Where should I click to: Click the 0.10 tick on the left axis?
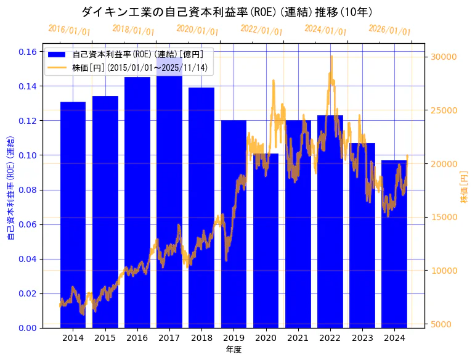coord(28,155)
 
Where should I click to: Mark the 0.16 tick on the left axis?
coord(28,52)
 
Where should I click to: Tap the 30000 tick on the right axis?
coord(443,57)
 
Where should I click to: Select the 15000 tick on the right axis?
coord(443,217)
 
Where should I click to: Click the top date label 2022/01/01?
coord(261,30)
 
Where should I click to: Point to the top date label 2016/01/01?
coord(69,30)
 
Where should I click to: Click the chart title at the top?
coord(227,12)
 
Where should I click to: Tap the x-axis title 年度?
coord(233,350)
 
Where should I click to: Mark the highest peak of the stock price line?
coord(331,56)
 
